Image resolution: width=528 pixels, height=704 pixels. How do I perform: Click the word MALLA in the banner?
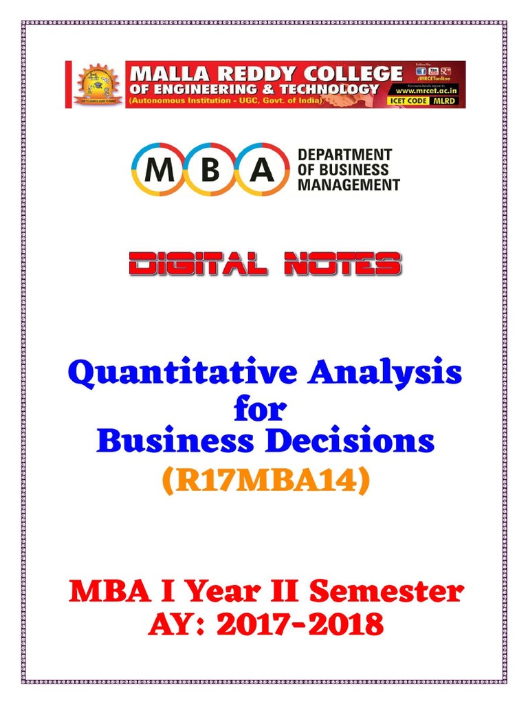click(x=165, y=73)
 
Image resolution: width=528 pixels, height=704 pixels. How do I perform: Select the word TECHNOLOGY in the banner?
click(x=333, y=89)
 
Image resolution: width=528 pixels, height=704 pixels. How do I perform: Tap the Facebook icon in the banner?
click(x=421, y=71)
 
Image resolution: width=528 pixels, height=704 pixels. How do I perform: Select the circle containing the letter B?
click(x=210, y=170)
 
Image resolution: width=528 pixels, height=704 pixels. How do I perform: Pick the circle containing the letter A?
click(x=262, y=170)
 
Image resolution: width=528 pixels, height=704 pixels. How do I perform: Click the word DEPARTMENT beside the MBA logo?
click(x=344, y=155)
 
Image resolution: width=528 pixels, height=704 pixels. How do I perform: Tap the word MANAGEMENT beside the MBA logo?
click(x=349, y=184)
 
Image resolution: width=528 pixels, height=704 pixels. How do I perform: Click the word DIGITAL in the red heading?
click(x=194, y=265)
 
